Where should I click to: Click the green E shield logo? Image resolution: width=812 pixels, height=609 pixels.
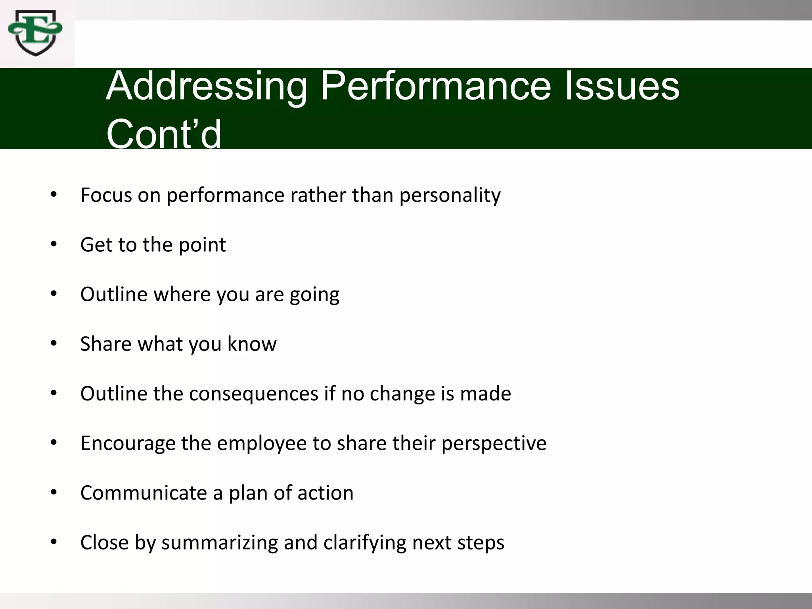tap(35, 33)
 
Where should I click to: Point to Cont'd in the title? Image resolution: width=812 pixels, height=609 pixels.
tap(164, 134)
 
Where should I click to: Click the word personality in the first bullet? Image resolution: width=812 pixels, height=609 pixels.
tap(450, 195)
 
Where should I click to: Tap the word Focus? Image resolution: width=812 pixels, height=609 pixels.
tap(106, 195)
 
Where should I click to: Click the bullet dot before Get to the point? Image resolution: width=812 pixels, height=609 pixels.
tap(54, 244)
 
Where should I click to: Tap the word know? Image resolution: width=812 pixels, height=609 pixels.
tap(252, 344)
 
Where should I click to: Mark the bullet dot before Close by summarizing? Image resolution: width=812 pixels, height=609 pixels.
tap(54, 542)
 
